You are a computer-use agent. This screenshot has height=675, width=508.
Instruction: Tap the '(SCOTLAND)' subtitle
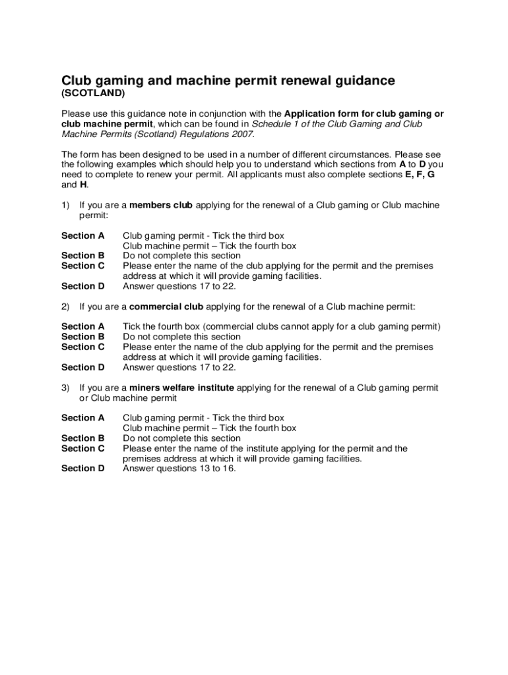click(x=93, y=94)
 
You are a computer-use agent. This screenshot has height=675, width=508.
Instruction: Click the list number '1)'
click(x=66, y=205)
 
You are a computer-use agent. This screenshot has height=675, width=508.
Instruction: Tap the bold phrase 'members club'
click(x=161, y=205)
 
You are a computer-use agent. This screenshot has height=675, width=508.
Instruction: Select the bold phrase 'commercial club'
click(x=167, y=307)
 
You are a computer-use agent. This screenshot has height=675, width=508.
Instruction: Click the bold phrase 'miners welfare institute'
click(x=181, y=388)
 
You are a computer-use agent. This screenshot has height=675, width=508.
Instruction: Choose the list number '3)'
click(x=66, y=388)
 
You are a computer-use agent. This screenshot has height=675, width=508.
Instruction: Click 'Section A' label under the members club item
click(x=83, y=235)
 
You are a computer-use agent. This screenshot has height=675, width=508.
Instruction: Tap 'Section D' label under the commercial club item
click(x=83, y=367)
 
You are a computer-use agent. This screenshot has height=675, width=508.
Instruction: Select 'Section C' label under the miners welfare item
click(x=83, y=448)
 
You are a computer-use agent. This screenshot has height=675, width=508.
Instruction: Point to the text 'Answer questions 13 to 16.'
click(x=179, y=469)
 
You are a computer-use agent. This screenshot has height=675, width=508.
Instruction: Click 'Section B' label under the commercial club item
click(x=83, y=337)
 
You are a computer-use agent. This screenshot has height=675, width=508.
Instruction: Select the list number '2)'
click(x=66, y=307)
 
